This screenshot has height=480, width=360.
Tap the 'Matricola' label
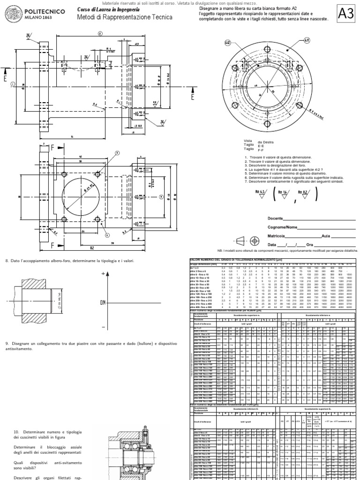(x=277, y=236)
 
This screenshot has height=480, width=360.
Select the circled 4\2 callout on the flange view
(x=228, y=43)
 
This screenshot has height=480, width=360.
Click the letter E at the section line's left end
(x=5, y=80)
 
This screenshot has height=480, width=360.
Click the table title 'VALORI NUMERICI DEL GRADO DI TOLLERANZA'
(x=230, y=260)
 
